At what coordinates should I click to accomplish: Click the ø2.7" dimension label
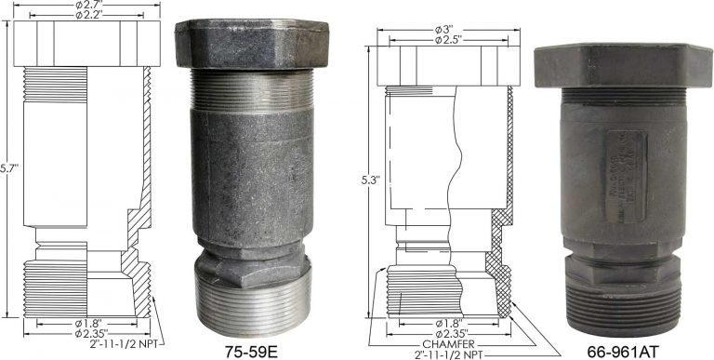pos(84,6)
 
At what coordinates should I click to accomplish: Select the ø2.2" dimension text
pos(84,16)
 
